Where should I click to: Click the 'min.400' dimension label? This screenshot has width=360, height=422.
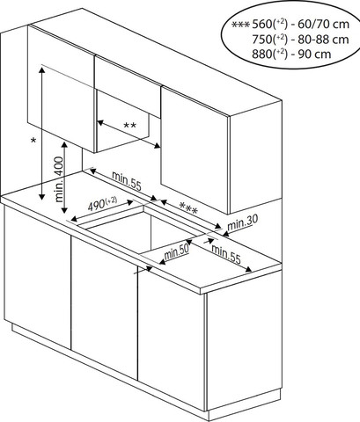(59, 179)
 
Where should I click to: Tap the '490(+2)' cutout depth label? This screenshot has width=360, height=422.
(102, 204)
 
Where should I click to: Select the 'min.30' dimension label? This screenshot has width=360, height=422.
(243, 223)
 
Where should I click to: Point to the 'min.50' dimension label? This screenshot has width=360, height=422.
(176, 252)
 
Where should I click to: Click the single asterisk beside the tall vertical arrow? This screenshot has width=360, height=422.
(33, 141)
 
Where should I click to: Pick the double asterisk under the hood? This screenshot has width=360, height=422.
(129, 126)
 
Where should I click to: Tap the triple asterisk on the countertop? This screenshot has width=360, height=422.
(188, 208)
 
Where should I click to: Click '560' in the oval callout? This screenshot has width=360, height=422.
(261, 25)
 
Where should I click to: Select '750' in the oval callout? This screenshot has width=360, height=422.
(261, 40)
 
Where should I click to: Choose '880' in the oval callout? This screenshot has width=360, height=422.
(261, 55)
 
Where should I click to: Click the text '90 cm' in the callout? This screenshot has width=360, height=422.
(314, 55)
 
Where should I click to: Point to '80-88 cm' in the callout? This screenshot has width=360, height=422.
(323, 40)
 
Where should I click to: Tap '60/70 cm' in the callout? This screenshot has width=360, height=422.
(324, 25)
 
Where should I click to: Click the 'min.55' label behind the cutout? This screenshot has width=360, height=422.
(127, 180)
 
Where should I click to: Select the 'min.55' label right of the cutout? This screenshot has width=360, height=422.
(226, 254)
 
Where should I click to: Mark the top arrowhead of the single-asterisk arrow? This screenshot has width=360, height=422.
(42, 69)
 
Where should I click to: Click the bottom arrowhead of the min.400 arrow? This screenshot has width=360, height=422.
(64, 210)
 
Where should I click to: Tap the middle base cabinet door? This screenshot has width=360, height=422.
(104, 307)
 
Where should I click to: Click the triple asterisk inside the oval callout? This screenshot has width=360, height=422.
(240, 25)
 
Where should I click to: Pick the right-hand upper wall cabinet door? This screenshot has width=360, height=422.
(195, 150)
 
